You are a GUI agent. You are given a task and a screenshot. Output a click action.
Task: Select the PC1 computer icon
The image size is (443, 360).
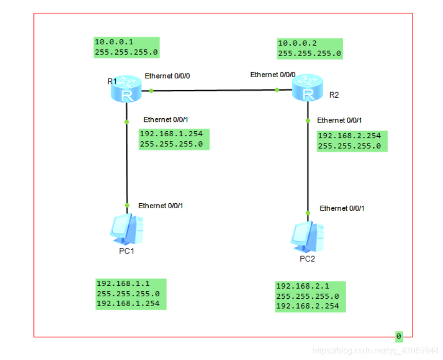click(126, 229)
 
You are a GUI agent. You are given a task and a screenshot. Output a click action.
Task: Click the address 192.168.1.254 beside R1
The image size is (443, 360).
click(171, 134)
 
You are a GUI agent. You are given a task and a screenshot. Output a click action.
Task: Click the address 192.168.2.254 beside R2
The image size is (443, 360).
click(349, 136)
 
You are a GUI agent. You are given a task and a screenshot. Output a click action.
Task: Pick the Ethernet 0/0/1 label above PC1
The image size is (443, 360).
click(161, 206)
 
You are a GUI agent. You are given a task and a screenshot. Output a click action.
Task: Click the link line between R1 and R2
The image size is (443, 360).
click(214, 91)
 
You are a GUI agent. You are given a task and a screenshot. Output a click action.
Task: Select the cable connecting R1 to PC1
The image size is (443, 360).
click(127, 165)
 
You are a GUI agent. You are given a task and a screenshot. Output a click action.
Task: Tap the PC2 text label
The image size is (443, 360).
click(307, 259)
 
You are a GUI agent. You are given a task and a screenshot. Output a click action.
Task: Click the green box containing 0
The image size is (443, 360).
click(399, 336)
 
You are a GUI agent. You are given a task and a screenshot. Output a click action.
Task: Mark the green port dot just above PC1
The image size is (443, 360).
click(127, 205)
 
